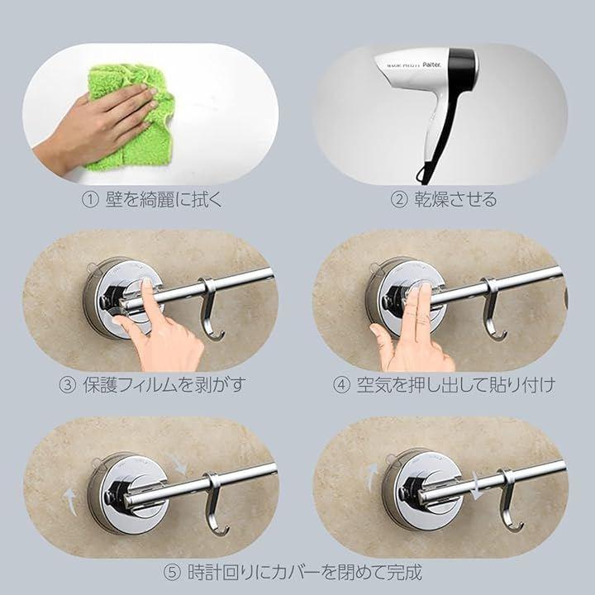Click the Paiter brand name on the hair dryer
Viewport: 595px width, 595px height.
tap(432, 65)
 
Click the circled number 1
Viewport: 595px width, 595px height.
tap(90, 200)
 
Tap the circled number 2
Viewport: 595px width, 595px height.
tap(399, 200)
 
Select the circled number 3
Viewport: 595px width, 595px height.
tap(68, 385)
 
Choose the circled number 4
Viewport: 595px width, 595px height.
tap(341, 385)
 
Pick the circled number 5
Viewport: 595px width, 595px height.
tap(172, 573)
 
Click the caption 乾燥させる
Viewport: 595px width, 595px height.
tap(455, 200)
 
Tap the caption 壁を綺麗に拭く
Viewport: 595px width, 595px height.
tap(164, 200)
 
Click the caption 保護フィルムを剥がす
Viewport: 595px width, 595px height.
tap(164, 385)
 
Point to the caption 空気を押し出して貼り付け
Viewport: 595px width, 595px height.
tap(455, 385)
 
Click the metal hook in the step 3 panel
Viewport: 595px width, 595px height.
tap(212, 309)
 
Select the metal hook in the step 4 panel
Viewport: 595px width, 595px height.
tap(493, 309)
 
